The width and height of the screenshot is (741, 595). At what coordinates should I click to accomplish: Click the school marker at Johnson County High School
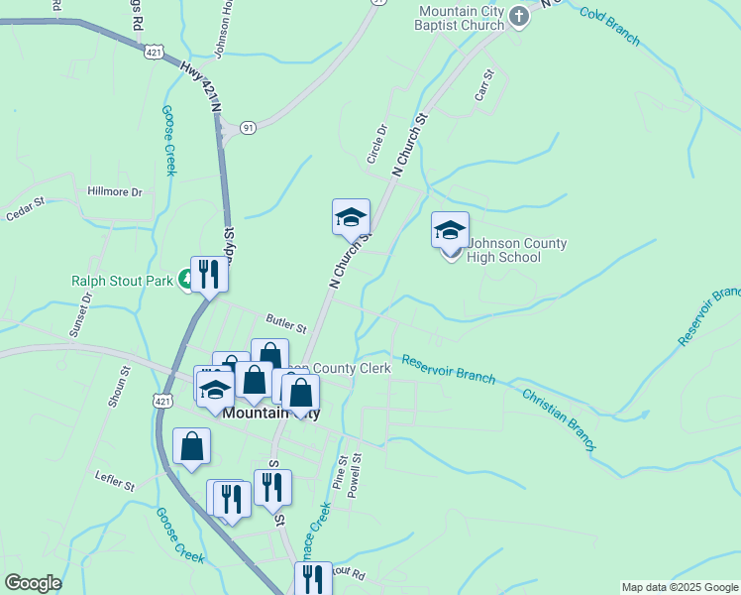450,232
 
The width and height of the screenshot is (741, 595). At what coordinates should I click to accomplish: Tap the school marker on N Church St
351,218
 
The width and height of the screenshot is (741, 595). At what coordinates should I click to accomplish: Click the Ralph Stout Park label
122,281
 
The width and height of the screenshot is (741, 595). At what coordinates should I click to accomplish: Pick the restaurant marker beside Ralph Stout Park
209,274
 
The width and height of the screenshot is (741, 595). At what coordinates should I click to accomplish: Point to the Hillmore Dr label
115,191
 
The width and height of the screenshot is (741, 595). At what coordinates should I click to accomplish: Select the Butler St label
286,321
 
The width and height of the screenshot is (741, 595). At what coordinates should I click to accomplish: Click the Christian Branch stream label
559,419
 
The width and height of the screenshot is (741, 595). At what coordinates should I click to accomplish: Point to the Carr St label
483,86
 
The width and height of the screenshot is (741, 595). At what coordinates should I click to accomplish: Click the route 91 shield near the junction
247,127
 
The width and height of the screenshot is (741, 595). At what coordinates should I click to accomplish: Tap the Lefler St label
115,483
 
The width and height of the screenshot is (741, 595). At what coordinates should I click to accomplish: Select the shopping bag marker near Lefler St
192,446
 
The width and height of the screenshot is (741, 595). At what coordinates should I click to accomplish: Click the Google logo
33,583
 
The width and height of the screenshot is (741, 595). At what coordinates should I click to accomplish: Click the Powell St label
357,475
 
